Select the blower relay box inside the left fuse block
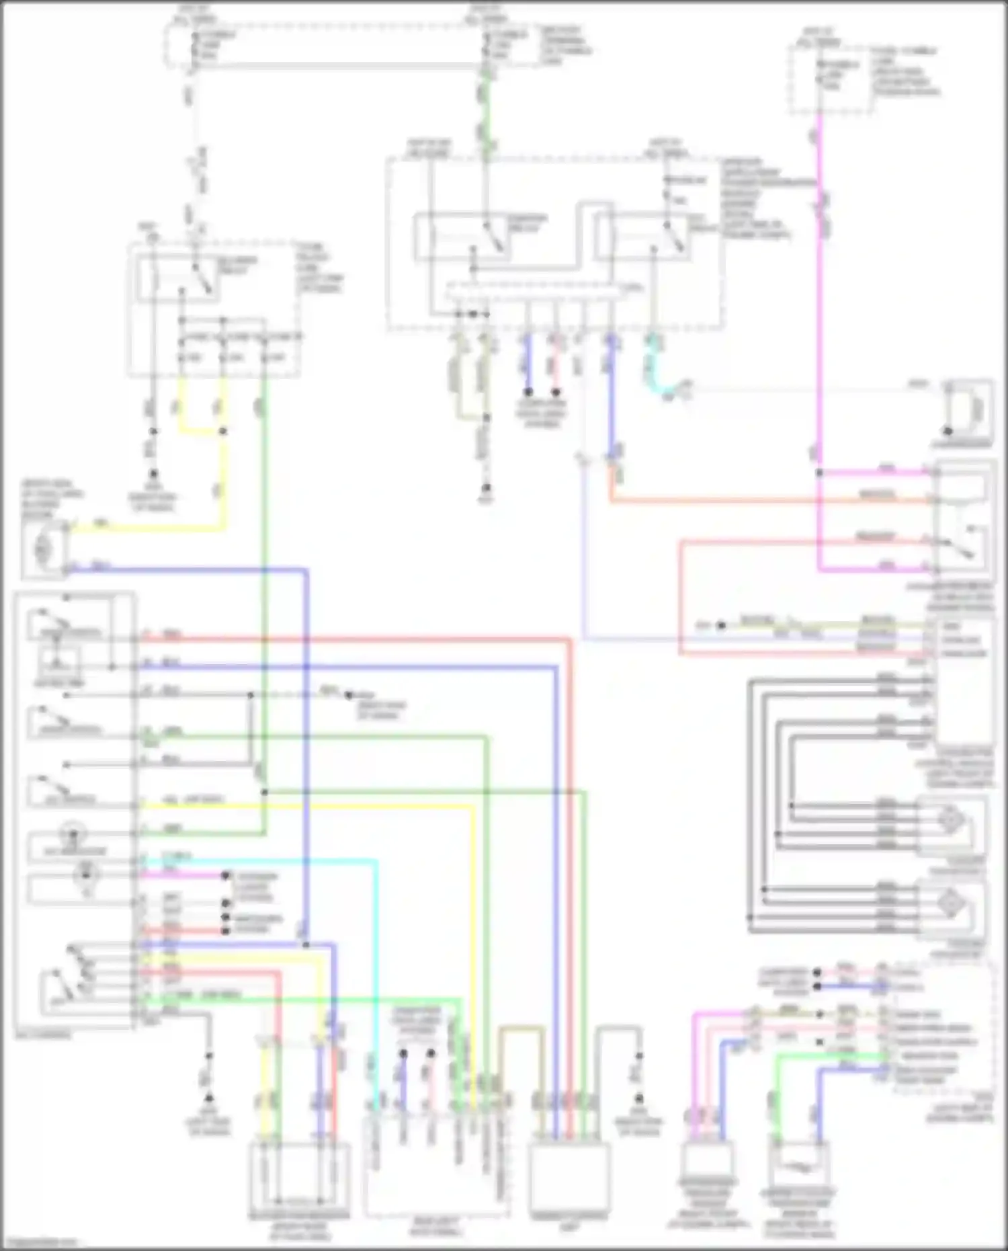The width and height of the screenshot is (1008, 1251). click(179, 278)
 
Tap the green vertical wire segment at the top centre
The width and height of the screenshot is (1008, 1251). click(486, 108)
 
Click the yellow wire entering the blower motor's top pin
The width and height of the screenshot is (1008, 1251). click(148, 528)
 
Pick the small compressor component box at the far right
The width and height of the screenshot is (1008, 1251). click(968, 410)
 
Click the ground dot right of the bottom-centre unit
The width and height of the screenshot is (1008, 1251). click(639, 1098)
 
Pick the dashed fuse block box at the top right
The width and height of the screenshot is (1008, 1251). click(831, 79)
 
